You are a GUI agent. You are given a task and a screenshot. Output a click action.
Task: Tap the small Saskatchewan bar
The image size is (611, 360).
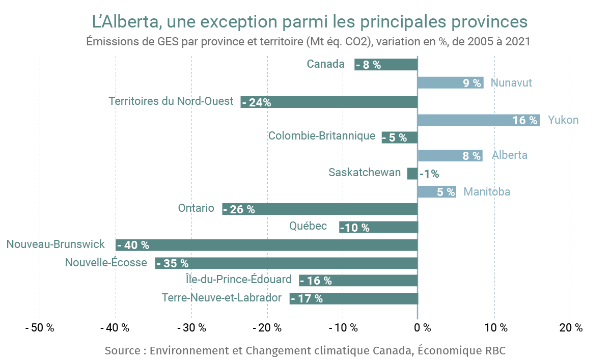412,174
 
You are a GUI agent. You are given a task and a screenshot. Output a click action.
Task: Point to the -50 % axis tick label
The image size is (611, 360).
40,328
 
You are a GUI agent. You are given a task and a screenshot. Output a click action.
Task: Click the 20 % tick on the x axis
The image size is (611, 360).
570,328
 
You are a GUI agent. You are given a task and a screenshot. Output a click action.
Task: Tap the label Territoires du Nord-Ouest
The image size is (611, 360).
171,101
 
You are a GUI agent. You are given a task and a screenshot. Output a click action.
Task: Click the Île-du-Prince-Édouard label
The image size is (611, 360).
239,279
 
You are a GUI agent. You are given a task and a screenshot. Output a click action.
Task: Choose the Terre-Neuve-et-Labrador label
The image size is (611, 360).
221,297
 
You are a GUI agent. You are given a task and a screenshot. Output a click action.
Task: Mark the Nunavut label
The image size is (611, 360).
511,83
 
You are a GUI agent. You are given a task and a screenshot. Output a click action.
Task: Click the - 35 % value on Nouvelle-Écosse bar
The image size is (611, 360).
173,263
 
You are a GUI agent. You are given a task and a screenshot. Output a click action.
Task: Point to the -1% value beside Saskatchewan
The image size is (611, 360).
429,174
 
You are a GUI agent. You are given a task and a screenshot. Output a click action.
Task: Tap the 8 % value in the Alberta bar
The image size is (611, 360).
471,156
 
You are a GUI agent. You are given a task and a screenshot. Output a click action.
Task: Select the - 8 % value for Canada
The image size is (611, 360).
368,65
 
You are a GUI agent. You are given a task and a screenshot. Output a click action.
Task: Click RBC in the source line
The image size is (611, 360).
493,351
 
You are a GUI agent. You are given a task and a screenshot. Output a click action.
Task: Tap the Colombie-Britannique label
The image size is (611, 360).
322,136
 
